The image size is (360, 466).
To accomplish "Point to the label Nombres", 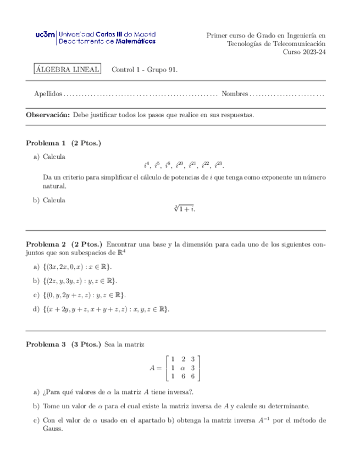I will click(x=235, y=95).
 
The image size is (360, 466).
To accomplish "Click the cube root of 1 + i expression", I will click(x=184, y=209).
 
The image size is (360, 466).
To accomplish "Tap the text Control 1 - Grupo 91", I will click(x=145, y=70).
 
